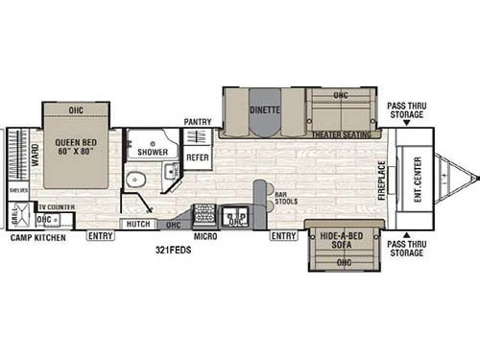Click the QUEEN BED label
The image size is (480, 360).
coord(75,143)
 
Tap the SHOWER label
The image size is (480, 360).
coord(153,152)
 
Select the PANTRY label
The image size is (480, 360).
coord(198,122)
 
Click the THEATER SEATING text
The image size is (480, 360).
coord(343,134)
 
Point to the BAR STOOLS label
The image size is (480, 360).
coord(286,198)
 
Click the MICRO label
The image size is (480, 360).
coord(204,233)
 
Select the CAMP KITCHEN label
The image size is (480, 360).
coord(36,236)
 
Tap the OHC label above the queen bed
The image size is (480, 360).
coord(76,111)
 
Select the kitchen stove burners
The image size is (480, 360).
coord(204,213)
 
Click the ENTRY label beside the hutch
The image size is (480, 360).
coord(100,235)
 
